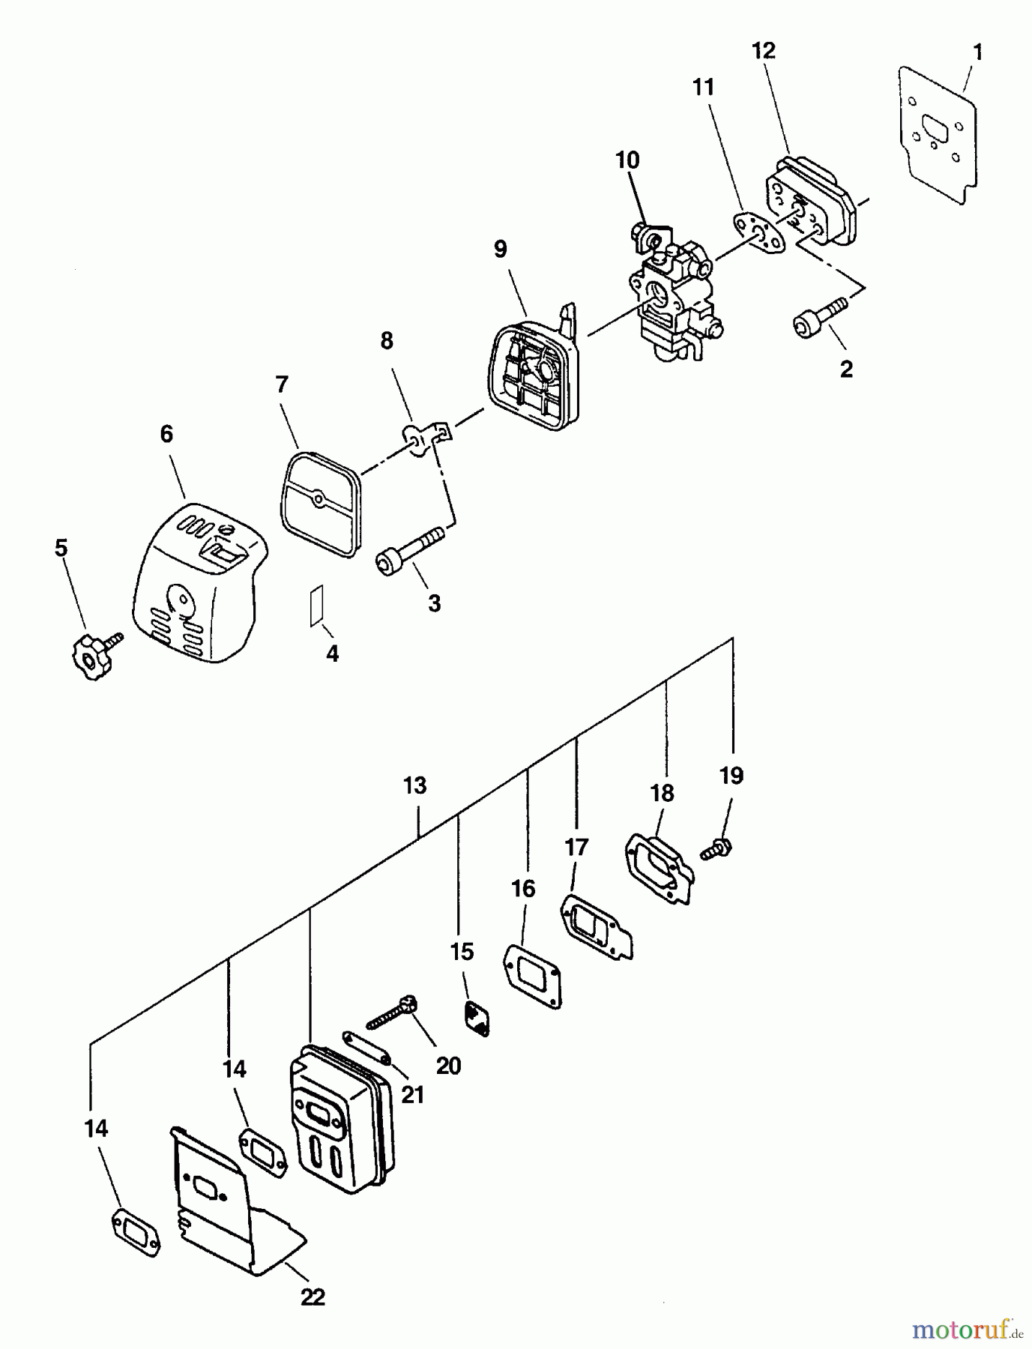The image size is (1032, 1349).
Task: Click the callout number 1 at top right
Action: coord(977,52)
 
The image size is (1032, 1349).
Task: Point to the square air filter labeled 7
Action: coord(319,501)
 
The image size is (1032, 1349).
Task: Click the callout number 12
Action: coord(763,51)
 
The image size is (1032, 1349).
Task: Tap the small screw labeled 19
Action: coord(716,848)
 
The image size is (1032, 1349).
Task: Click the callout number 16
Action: coord(523,889)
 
